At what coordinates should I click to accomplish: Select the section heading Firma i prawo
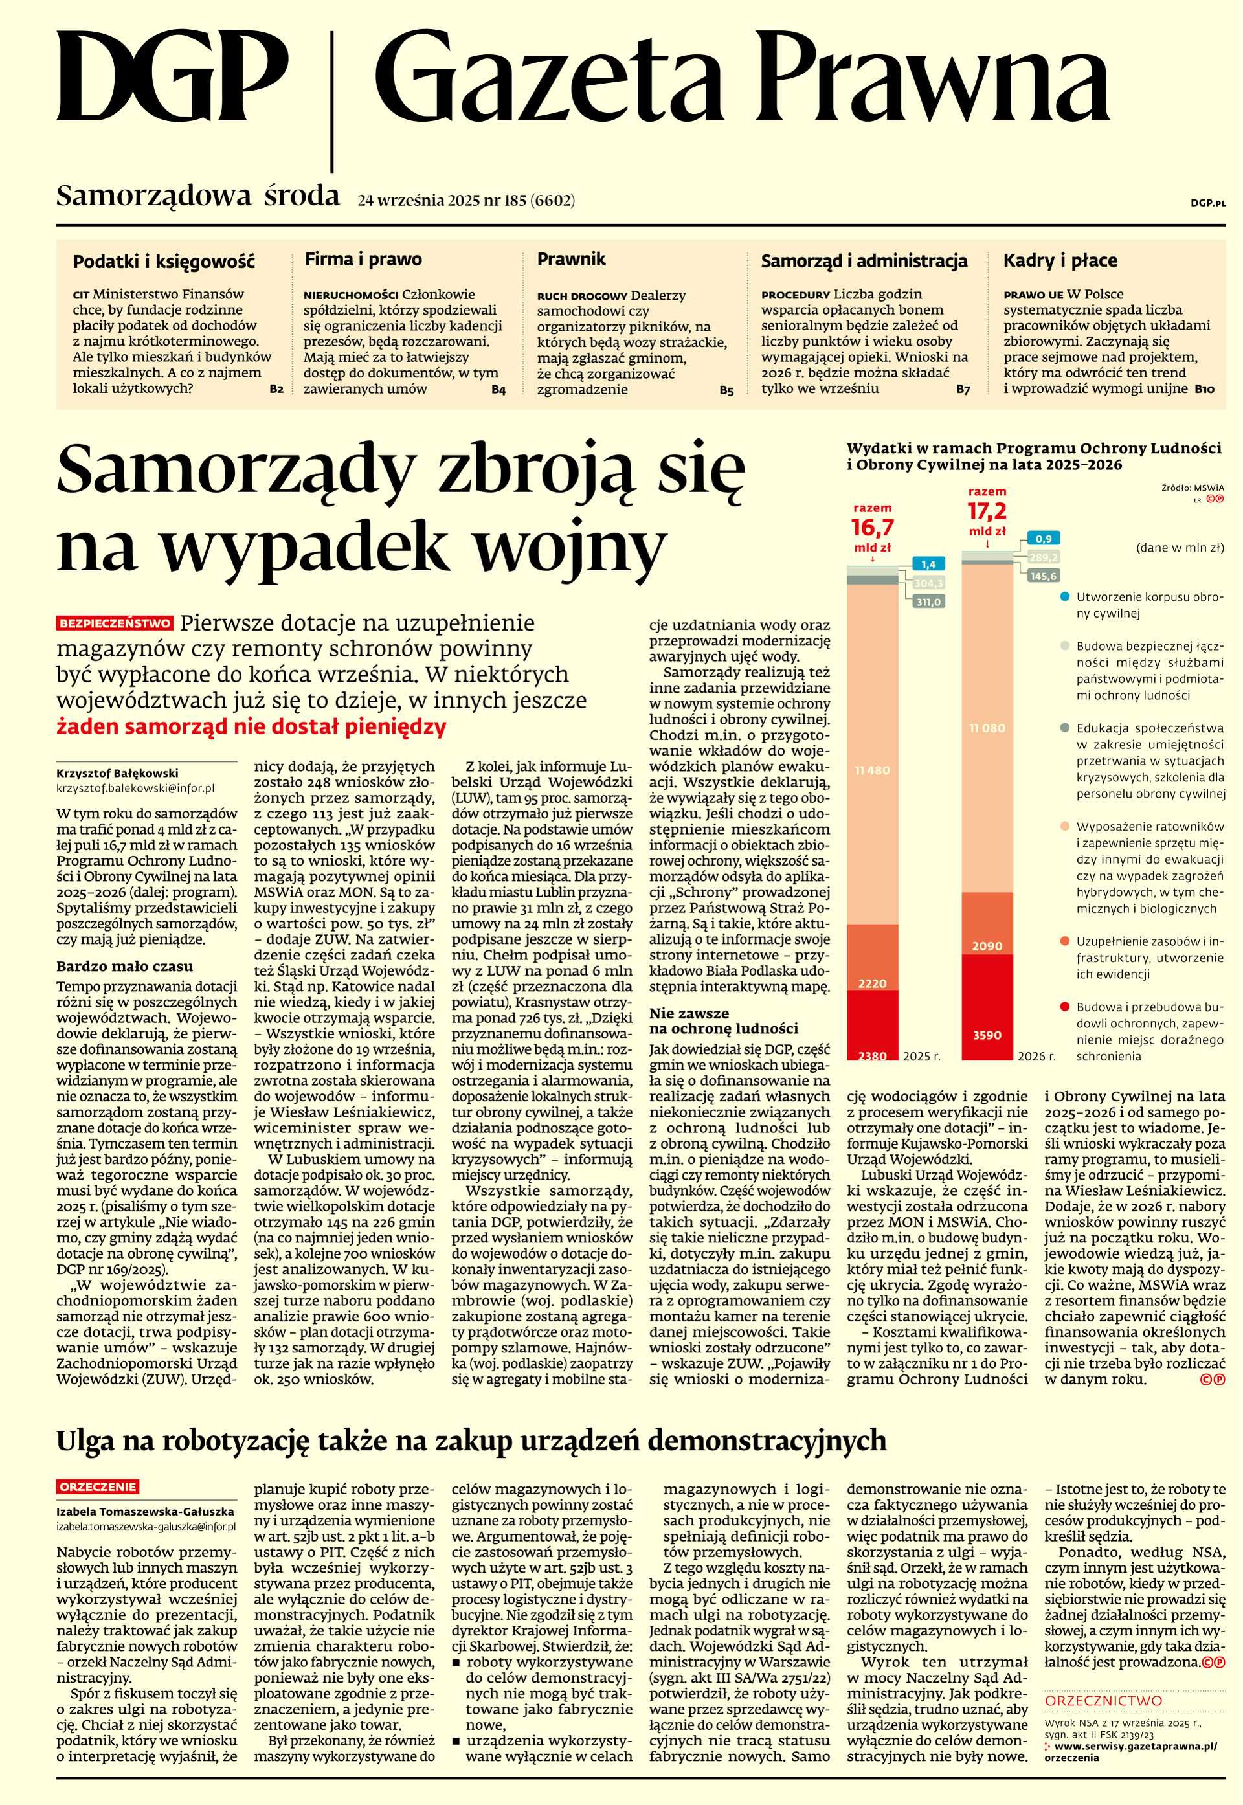point(363,260)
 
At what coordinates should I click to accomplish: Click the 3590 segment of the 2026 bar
point(987,1034)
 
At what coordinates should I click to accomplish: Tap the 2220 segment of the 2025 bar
point(871,983)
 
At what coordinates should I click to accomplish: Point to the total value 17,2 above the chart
point(987,511)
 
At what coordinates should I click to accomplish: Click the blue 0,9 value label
point(1044,539)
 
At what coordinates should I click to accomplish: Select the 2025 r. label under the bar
point(921,1057)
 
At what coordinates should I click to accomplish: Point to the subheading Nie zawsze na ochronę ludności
point(724,1021)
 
